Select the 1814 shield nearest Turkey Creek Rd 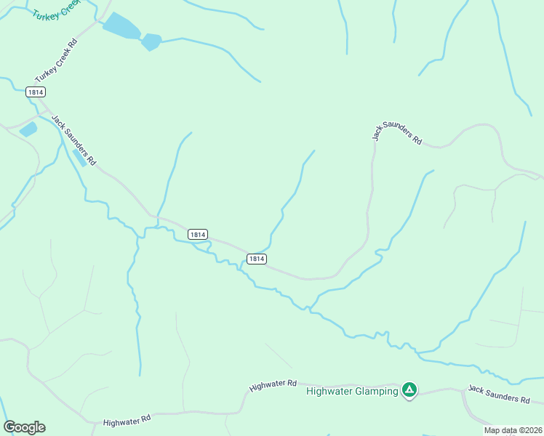[x=35, y=92]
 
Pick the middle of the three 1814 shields [x=198, y=234]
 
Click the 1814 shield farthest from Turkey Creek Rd [x=256, y=259]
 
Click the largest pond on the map [x=121, y=26]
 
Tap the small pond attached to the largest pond [x=151, y=41]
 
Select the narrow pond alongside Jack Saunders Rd [x=80, y=157]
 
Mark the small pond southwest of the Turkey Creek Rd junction [x=28, y=129]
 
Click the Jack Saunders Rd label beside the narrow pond [x=73, y=140]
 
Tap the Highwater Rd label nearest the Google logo [x=127, y=420]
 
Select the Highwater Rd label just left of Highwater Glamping [x=273, y=386]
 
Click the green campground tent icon [x=410, y=390]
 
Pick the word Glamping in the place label [x=376, y=391]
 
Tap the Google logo [x=24, y=427]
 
